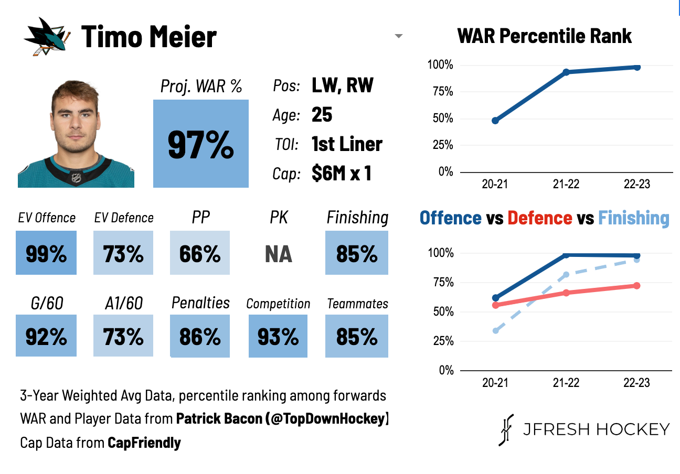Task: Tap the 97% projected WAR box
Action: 201,144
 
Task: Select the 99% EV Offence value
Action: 46,253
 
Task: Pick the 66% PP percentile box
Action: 200,253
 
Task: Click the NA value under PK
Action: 279,254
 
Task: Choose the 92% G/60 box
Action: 46,336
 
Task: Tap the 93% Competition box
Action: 278,336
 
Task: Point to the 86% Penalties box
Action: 200,336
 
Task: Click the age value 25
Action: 322,114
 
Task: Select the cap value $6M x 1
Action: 342,174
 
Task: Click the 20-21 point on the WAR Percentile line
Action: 495,121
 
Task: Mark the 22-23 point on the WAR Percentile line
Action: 637,67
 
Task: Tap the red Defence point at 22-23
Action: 637,286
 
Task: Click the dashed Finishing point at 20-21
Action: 495,331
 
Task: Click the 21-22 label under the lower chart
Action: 566,383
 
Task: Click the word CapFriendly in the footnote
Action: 144,443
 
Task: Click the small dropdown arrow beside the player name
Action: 399,36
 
